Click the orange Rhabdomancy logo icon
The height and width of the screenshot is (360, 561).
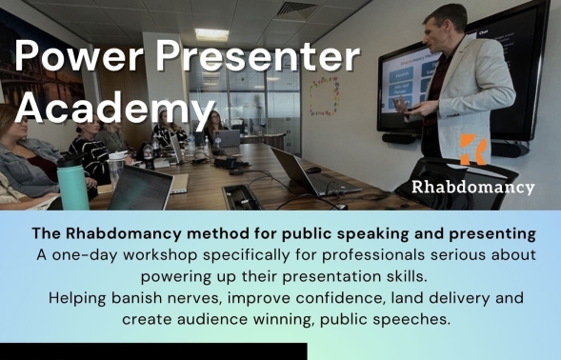coord(473,150)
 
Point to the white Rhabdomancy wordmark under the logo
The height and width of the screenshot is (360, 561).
coord(473,187)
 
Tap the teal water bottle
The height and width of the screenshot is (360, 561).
coord(72,182)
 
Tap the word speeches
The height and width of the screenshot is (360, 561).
coord(423,319)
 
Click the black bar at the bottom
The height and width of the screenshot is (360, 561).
coord(153,351)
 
